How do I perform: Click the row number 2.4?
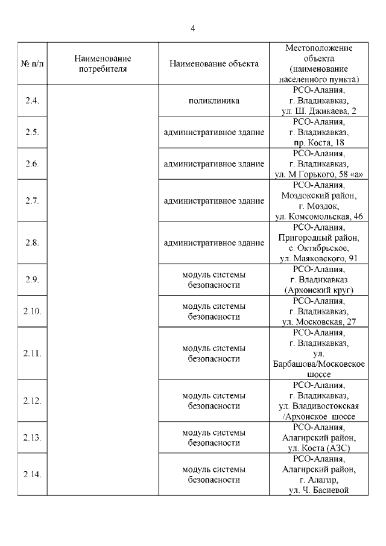[32, 101]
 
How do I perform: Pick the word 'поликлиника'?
[214, 101]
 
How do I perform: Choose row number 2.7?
[32, 201]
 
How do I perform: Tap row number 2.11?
[32, 354]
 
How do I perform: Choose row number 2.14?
[32, 474]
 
